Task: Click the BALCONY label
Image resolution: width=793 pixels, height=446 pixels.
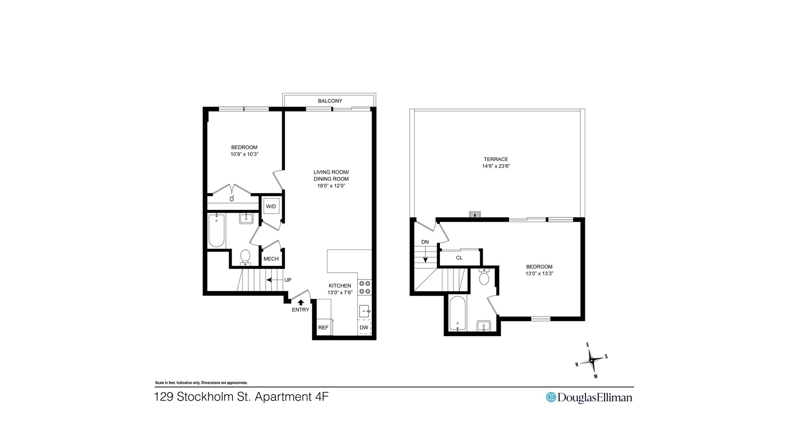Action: tap(330, 101)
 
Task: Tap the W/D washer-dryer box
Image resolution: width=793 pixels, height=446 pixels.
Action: tap(271, 206)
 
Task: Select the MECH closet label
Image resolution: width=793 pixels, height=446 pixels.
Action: tap(271, 259)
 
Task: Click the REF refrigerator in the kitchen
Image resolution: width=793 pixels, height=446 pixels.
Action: tap(323, 327)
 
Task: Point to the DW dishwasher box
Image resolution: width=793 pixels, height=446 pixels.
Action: tap(364, 327)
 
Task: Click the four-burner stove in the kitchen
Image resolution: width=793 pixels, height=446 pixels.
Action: tap(364, 287)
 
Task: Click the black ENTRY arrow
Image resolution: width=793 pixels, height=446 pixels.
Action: tap(301, 302)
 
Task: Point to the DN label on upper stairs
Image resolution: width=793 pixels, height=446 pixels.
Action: tap(425, 242)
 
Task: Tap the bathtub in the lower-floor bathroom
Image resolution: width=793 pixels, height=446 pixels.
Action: tap(216, 230)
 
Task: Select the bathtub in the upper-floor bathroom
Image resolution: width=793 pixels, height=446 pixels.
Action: tap(457, 313)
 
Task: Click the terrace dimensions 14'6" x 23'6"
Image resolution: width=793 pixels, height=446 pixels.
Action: tap(496, 166)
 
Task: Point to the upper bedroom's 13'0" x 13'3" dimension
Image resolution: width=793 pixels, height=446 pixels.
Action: tap(539, 273)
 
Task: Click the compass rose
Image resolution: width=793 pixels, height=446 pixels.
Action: tap(591, 361)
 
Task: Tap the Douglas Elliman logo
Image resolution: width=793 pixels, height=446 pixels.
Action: tap(589, 397)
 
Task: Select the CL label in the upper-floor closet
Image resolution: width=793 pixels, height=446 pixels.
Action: tap(459, 258)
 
